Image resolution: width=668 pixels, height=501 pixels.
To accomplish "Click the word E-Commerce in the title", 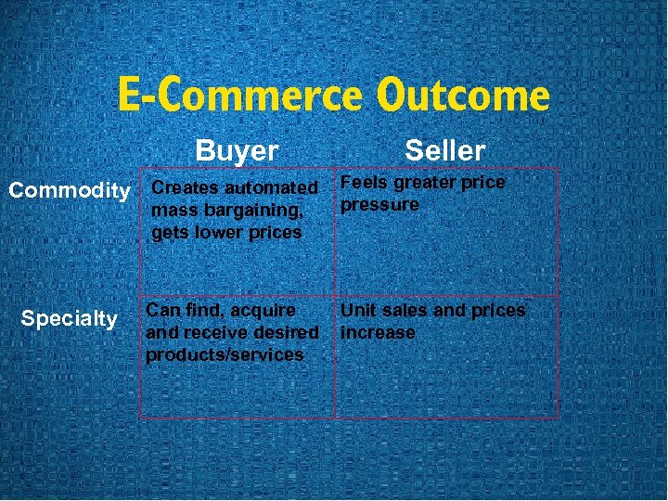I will (x=241, y=96).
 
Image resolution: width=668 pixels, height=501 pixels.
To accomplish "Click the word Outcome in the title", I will (x=463, y=96).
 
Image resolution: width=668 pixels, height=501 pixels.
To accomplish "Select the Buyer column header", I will (x=237, y=150).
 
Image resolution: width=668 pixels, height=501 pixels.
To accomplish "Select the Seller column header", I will (x=444, y=150).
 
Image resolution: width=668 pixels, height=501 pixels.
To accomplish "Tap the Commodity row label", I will (x=69, y=191).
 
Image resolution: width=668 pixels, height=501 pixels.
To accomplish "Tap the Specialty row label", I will (x=69, y=319).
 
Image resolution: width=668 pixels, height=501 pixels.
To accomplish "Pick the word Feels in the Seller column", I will (x=364, y=183).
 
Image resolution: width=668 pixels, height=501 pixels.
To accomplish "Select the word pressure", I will (x=379, y=204).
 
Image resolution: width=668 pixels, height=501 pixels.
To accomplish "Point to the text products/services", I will (x=225, y=354).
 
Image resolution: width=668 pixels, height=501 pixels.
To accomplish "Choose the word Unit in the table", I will (x=358, y=310).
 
